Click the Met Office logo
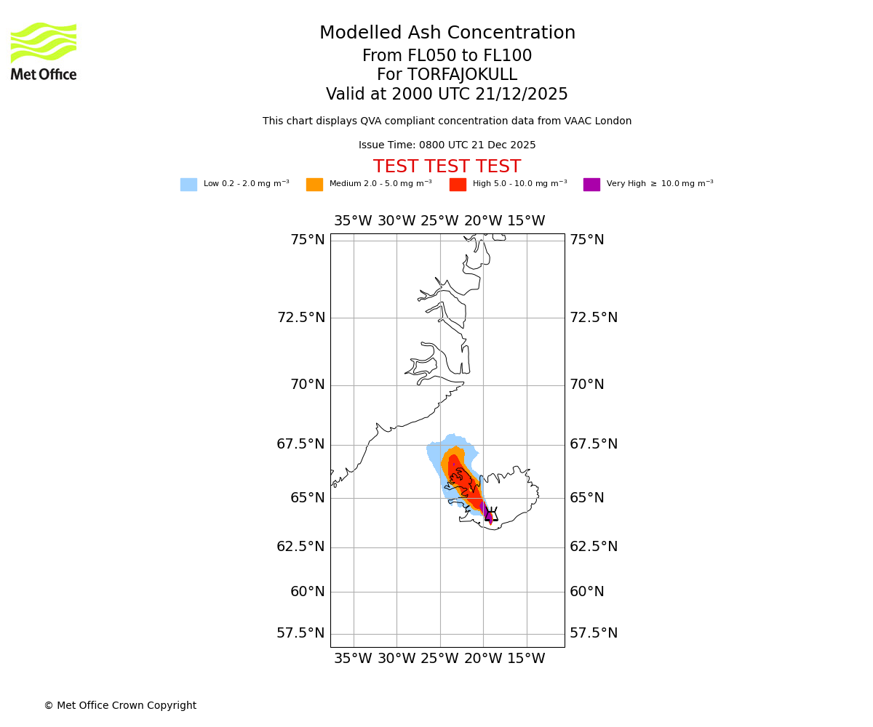coord(44,51)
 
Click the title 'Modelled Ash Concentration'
coord(447,33)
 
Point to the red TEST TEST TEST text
coord(447,167)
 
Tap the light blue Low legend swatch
coord(188,185)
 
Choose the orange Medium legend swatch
coord(314,185)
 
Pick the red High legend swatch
coord(458,185)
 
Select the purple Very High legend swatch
coord(591,185)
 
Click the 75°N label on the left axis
coord(308,240)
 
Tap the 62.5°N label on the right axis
coord(594,547)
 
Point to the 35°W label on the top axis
coord(353,221)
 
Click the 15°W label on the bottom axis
coord(526,659)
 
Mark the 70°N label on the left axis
coord(308,385)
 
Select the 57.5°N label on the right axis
coord(594,633)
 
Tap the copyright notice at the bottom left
coord(120,706)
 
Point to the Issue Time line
coord(447,145)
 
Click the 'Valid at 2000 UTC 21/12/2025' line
coord(447,95)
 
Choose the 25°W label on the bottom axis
coord(439,659)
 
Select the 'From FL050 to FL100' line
coord(447,56)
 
